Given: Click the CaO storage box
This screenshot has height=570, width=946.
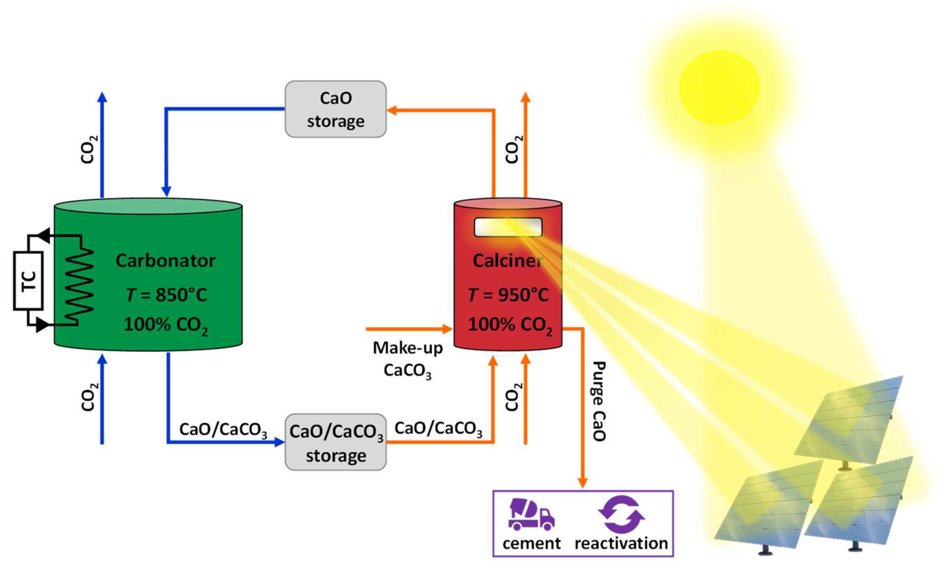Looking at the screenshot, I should pyautogui.click(x=335, y=109).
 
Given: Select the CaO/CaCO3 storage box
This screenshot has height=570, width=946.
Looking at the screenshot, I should pyautogui.click(x=335, y=442).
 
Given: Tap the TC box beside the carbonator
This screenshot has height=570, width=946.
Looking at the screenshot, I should pyautogui.click(x=28, y=281).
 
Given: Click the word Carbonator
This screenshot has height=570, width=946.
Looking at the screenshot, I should pyautogui.click(x=165, y=261).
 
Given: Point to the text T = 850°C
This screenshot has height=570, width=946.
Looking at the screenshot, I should pyautogui.click(x=166, y=295).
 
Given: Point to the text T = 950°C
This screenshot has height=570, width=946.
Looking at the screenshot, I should pyautogui.click(x=508, y=295).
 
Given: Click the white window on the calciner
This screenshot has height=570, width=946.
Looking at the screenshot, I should pyautogui.click(x=508, y=227).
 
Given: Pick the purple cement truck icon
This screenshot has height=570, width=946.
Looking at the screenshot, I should pyautogui.click(x=531, y=514).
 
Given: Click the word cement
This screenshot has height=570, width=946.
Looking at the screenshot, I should pyautogui.click(x=531, y=544).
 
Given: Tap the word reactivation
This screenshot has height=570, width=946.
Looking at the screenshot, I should pyautogui.click(x=621, y=544).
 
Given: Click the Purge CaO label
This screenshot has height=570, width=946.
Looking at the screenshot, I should pyautogui.click(x=599, y=401).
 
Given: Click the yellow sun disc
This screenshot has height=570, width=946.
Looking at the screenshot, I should pyautogui.click(x=719, y=88).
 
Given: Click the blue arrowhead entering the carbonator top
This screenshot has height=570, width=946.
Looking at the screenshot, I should pyautogui.click(x=166, y=191).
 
